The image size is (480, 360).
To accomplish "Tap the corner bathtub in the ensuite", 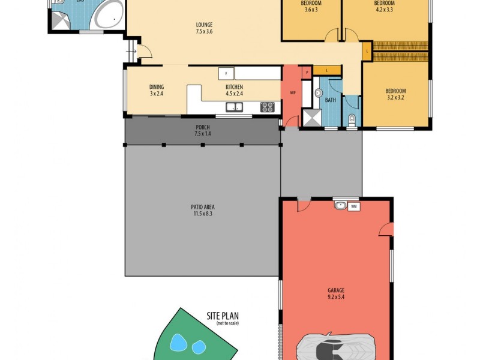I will [110, 16].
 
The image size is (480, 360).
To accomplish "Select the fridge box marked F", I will [226, 73].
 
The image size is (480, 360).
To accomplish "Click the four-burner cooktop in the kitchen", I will [268, 107].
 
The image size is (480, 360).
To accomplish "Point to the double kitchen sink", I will [234, 107].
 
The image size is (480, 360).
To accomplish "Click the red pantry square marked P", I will [307, 73].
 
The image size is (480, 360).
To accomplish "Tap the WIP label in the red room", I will [293, 93].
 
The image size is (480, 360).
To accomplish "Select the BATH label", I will [331, 100].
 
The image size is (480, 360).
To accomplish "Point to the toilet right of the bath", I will [352, 118].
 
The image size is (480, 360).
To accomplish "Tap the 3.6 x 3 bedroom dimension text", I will [311, 9].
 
